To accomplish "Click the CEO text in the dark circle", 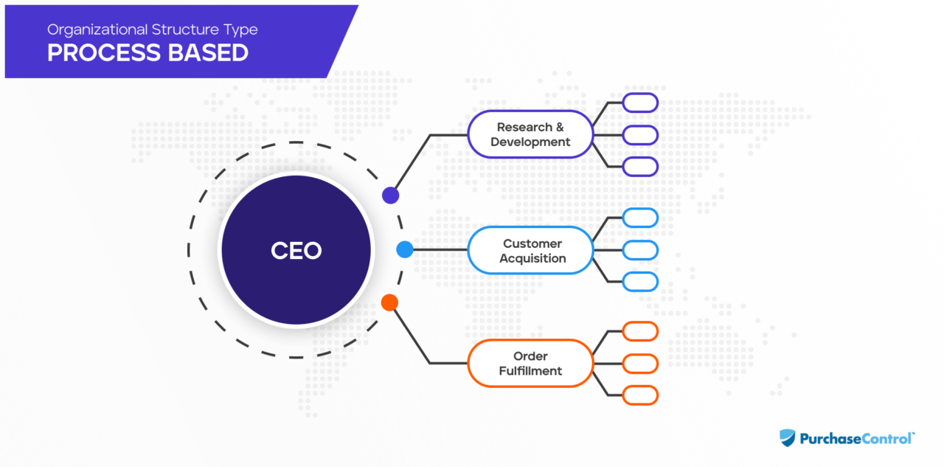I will [296, 250].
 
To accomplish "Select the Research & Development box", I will [530, 135].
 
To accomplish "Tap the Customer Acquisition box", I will [530, 251].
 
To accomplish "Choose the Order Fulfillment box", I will [530, 364].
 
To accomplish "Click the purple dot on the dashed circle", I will [390, 196].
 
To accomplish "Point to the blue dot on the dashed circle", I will [405, 249].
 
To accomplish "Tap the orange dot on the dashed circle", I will [389, 302].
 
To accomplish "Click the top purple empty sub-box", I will [639, 103].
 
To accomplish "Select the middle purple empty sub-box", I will [639, 135].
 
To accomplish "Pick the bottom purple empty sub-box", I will [639, 167].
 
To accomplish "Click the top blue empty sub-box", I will [639, 218].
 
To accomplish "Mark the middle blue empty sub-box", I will [639, 250].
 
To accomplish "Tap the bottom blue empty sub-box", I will [639, 282].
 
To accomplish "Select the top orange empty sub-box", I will [639, 331].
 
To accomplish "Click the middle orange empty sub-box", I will [639, 364].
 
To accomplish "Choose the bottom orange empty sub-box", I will [639, 395].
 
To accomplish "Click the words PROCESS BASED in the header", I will [147, 53].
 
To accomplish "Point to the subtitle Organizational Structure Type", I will [152, 30].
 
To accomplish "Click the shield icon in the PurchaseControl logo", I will [788, 438].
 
